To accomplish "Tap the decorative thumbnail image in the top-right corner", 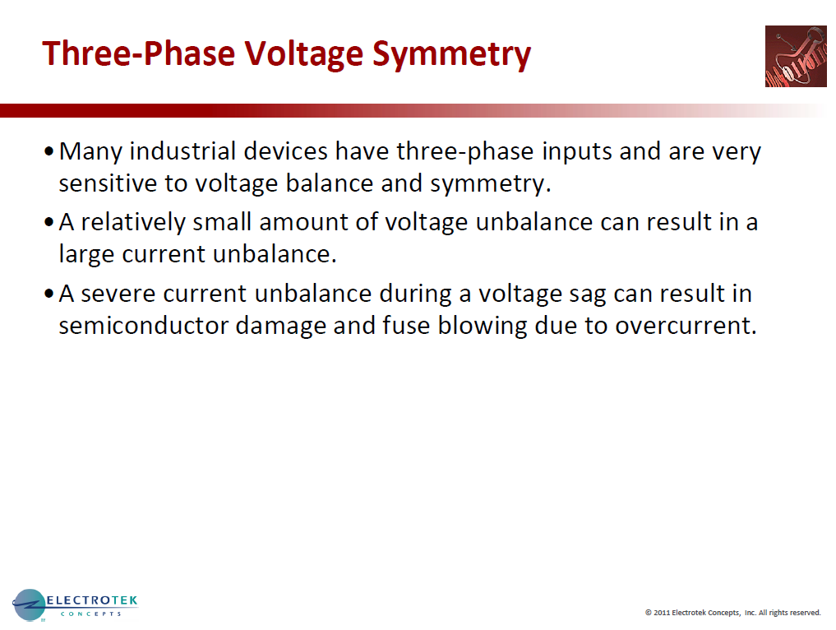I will point(795,56).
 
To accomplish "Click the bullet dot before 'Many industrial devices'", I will point(50,152).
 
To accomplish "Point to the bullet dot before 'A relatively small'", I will point(50,223).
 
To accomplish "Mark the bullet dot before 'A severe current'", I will point(50,294).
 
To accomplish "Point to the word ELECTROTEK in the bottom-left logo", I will point(92,601).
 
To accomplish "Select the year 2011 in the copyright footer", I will point(662,613).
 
